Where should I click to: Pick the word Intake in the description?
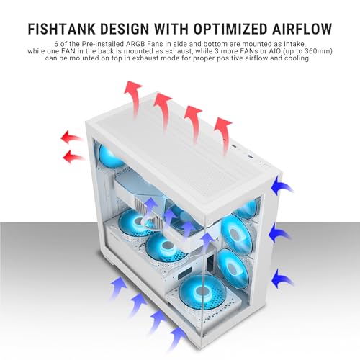click(x=296, y=45)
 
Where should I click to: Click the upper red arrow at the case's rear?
click(x=71, y=137)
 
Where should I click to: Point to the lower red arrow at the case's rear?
click(x=73, y=156)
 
